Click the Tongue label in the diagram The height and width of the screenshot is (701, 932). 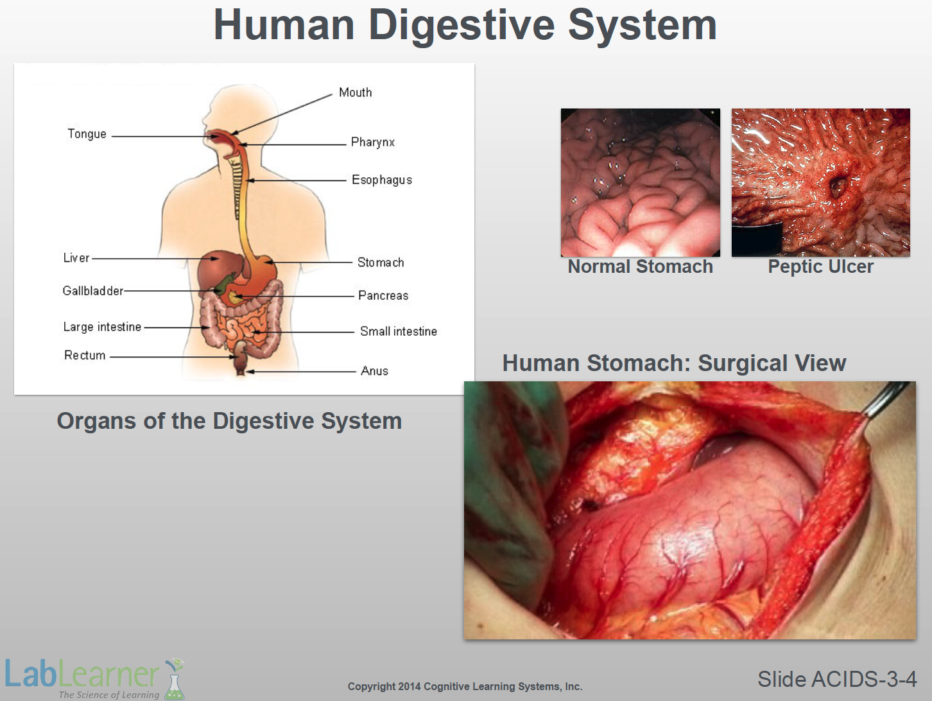87,134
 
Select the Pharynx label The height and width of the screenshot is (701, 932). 373,143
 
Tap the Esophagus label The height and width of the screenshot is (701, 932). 382,180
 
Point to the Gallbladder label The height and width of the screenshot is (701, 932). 93,291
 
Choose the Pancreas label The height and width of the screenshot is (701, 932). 383,295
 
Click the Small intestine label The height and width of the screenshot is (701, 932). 399,331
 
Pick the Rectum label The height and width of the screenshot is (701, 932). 85,355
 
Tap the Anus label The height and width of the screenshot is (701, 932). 374,371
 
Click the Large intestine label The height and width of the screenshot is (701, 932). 102,327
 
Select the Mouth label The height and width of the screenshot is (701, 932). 356,92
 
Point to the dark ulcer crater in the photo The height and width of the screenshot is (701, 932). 838,185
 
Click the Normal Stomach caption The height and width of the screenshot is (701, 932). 641,266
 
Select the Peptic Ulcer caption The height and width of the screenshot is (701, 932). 821,267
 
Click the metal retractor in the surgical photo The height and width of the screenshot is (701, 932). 885,399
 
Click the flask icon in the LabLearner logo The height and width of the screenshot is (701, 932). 175,679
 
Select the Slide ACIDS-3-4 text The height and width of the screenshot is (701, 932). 837,679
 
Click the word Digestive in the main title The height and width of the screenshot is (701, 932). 462,26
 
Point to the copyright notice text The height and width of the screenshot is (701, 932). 465,687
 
